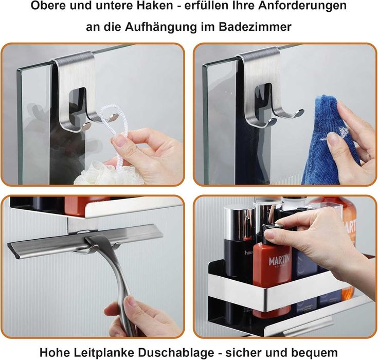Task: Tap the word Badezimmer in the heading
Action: tap(255, 27)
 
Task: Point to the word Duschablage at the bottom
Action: tap(176, 352)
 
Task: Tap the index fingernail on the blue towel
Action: tap(333, 138)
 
